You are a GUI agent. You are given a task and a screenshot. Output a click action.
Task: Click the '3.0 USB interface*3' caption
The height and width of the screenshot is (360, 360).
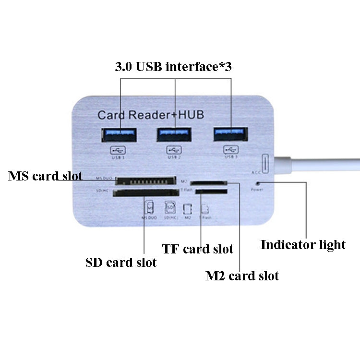coord(173,67)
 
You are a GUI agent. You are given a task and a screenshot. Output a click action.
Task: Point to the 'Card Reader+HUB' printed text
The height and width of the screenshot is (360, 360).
coord(151,115)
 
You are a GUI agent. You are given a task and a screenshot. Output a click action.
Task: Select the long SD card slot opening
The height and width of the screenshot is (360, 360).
coord(144,193)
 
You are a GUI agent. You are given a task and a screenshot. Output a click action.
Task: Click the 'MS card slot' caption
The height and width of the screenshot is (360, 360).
coord(45,176)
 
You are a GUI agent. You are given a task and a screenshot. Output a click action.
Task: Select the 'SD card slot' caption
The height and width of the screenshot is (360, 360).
coord(121,263)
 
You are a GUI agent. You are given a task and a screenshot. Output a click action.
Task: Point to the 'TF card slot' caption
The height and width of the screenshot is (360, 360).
coord(197,249)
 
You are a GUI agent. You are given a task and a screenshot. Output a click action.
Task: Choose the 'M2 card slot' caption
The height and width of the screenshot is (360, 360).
coord(242,276)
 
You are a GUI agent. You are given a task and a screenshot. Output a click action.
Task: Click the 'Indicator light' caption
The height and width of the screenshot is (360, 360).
coord(303,245)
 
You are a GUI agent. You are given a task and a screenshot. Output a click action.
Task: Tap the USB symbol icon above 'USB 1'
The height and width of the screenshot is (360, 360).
coord(117,150)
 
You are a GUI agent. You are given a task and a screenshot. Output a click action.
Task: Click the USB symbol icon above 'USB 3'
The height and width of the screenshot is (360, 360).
coord(230,150)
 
